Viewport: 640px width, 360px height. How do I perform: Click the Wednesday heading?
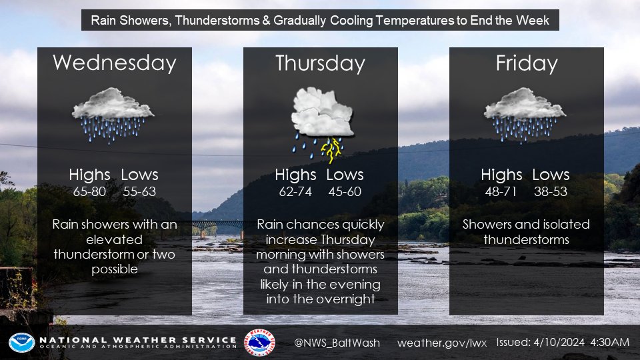(x=115, y=63)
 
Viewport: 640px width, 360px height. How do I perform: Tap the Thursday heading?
(x=321, y=63)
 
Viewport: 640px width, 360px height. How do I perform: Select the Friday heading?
(x=527, y=63)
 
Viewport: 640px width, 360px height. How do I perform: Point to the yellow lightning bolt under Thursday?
(x=332, y=149)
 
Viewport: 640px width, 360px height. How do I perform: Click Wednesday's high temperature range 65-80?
(x=89, y=191)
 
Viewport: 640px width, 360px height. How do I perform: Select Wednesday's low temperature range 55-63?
(x=139, y=191)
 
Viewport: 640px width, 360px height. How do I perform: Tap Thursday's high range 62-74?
(x=295, y=191)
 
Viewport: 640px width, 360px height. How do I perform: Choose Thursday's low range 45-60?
(x=345, y=191)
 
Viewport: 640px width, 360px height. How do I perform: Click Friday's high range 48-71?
(x=501, y=191)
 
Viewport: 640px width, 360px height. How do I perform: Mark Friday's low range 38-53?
(x=551, y=191)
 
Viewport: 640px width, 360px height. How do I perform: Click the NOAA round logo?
(x=21, y=343)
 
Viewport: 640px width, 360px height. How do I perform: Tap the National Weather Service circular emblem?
(x=259, y=343)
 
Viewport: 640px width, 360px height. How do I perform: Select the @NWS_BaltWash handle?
(x=337, y=343)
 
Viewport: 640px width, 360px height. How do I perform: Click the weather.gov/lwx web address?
(x=442, y=343)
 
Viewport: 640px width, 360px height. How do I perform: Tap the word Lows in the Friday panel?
(x=551, y=175)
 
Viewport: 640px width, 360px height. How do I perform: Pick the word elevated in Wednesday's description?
(x=114, y=239)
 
